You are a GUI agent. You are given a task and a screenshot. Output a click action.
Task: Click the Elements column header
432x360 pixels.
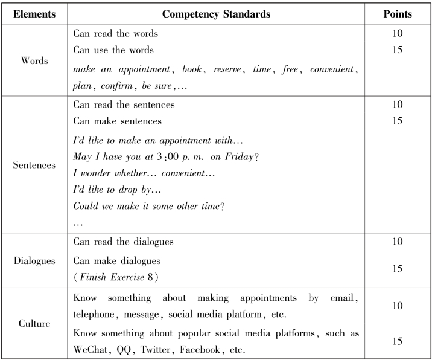[x=34, y=13]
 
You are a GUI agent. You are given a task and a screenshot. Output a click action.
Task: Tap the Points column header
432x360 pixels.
[x=398, y=13]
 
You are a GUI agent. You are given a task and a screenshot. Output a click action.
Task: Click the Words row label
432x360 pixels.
[x=34, y=61]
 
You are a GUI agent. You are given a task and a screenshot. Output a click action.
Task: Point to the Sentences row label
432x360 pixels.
[x=34, y=164]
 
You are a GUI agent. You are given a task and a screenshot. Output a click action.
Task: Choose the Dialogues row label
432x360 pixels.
[x=34, y=261]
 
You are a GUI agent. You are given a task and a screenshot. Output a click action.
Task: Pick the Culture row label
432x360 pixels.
[x=34, y=324]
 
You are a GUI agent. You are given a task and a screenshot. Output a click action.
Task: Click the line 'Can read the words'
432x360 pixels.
[x=115, y=34]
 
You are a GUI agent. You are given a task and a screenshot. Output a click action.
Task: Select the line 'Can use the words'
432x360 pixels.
[x=113, y=50]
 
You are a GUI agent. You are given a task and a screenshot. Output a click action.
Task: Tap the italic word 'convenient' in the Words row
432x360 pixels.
[x=331, y=70]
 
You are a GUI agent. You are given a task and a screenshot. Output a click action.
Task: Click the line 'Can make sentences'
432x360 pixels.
[x=117, y=121]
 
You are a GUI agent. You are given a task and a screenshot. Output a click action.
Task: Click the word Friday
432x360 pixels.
[x=238, y=157]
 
